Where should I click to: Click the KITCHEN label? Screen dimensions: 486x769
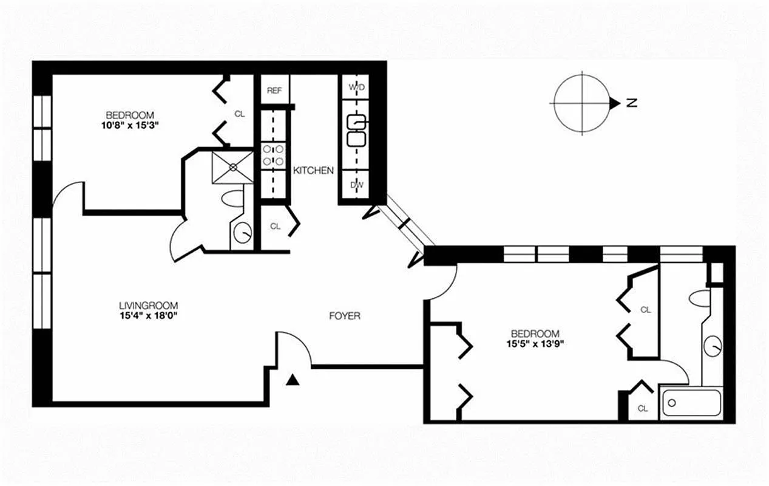tap(313, 171)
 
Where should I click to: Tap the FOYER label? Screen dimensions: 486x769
tap(344, 316)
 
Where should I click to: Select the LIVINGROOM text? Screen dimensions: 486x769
tap(149, 306)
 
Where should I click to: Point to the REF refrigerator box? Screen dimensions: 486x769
tap(275, 91)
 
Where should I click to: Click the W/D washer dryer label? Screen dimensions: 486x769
tap(356, 87)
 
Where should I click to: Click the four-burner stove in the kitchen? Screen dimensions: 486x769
tap(273, 155)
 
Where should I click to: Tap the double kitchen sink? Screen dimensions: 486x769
tap(356, 131)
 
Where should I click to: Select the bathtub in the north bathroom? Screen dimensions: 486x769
tap(691, 402)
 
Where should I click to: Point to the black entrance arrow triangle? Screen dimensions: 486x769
tap(293, 380)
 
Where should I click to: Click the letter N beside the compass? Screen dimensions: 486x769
tap(631, 103)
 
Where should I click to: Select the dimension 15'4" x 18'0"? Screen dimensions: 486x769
tap(149, 316)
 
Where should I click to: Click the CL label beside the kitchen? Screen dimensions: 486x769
tap(276, 226)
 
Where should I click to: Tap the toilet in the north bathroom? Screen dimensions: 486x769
tap(701, 297)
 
